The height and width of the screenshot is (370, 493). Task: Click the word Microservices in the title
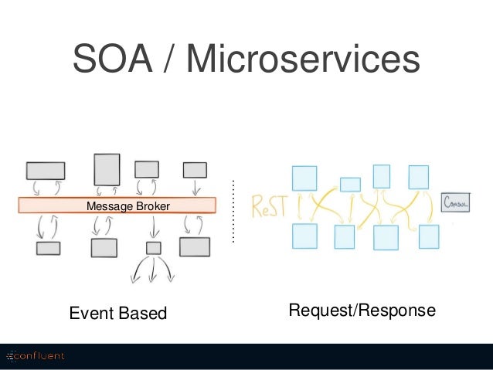pos(303,59)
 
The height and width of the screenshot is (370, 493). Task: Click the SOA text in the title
pos(113,59)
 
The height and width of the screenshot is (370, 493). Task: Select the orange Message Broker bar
pos(117,205)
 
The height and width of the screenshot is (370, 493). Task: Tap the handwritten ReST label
pos(270,206)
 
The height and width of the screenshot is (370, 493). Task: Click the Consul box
pos(455,202)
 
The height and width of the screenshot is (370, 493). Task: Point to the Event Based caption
pos(118,313)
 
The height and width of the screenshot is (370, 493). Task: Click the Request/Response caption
pos(362,311)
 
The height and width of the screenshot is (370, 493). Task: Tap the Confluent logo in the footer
pos(36,356)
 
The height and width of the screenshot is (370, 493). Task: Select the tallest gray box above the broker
pos(107,170)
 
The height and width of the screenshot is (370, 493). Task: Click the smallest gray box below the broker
pos(154,248)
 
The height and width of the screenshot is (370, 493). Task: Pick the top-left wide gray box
pos(46,171)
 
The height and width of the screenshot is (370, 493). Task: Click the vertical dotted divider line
pos(233,211)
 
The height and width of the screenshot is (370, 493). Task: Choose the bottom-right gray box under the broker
pos(195,246)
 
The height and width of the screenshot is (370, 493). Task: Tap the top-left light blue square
pos(304,178)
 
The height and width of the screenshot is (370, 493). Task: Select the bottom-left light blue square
pos(304,236)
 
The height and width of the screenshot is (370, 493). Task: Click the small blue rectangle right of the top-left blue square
pos(350,185)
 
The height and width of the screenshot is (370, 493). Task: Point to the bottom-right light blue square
pos(429,236)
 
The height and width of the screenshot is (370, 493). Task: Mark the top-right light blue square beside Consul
pos(419,178)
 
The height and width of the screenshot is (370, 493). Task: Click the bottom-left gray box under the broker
pos(48,248)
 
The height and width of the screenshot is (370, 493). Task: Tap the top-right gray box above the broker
pos(195,170)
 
